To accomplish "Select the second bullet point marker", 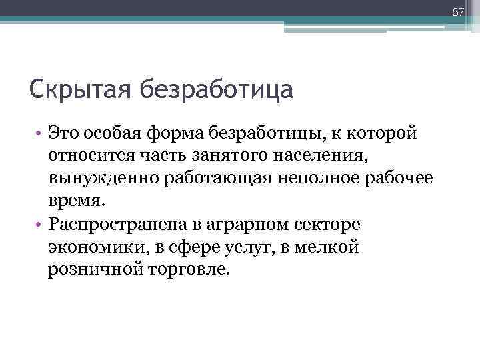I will tap(40, 225).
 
